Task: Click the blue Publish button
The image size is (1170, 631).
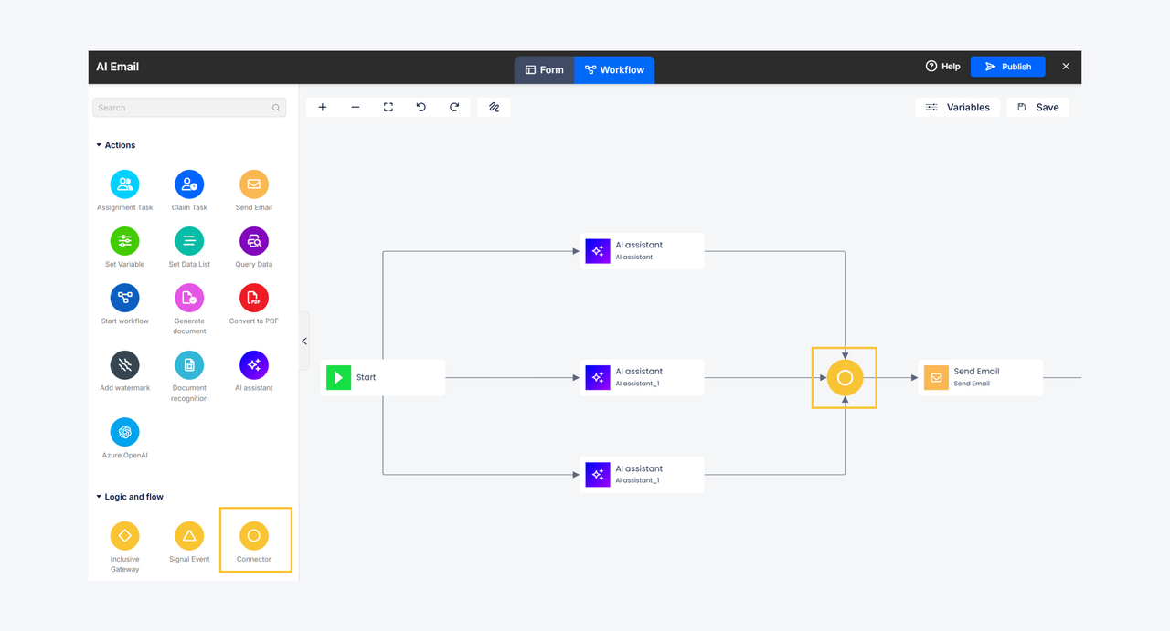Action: [1007, 67]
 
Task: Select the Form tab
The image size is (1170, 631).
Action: [544, 70]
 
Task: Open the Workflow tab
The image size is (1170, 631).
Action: [614, 70]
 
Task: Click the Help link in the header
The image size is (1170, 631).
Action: [942, 67]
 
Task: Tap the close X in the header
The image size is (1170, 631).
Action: [1066, 67]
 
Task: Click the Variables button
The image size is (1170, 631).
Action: [957, 108]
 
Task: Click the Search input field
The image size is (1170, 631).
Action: [189, 108]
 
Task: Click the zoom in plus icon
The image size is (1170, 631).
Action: [323, 108]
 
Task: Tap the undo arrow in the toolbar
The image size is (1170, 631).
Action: [421, 108]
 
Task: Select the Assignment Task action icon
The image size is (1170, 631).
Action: [125, 184]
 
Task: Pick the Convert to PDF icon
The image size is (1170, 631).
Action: [254, 298]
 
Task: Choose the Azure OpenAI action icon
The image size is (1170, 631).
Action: [125, 432]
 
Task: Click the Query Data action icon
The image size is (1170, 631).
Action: [254, 241]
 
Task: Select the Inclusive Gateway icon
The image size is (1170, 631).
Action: [125, 536]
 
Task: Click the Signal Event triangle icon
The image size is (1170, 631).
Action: [189, 536]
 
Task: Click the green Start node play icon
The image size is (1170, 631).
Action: [338, 377]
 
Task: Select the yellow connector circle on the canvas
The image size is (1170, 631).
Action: [845, 378]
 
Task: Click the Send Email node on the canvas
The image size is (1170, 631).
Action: [981, 377]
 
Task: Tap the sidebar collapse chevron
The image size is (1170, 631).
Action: [304, 342]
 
